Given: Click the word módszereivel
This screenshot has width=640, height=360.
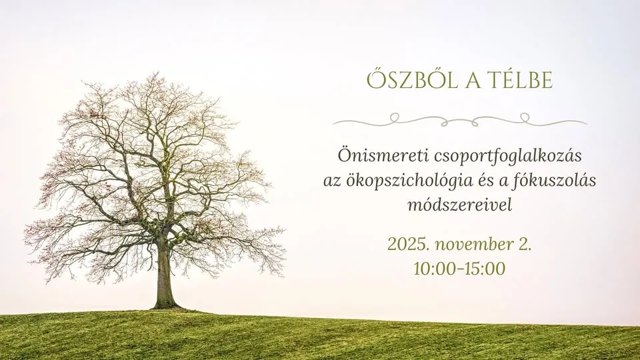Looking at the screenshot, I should tap(459, 205).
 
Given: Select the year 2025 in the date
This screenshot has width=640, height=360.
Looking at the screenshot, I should tap(407, 244).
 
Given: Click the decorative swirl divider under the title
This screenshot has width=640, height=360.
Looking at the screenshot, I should tap(459, 121).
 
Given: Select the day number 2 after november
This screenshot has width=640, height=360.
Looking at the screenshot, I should tap(525, 244).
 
